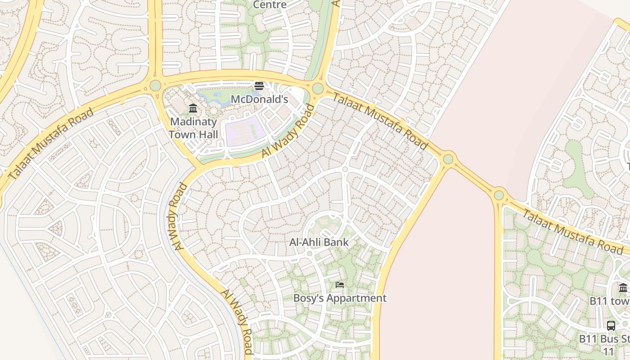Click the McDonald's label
pyautogui.click(x=259, y=99)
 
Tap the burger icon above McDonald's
pyautogui.click(x=259, y=85)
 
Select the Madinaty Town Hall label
pyautogui.click(x=193, y=128)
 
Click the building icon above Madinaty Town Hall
pyautogui.click(x=193, y=108)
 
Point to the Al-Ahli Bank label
pyautogui.click(x=319, y=242)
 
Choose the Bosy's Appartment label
pyautogui.click(x=340, y=298)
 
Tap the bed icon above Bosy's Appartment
pyautogui.click(x=340, y=284)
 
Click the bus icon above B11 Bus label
pyautogui.click(x=611, y=325)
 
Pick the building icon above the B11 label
pyautogui.click(x=623, y=288)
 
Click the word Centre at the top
pyautogui.click(x=270, y=4)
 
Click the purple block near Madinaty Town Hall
pyautogui.click(x=243, y=131)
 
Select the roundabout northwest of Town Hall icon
pyautogui.click(x=155, y=85)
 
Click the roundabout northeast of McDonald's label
pyautogui.click(x=318, y=88)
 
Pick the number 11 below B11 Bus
pyautogui.click(x=608, y=351)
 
